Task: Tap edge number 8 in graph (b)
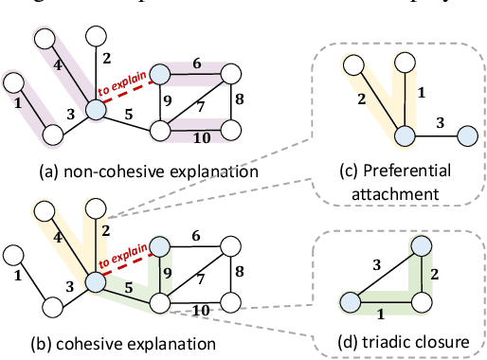(240, 271)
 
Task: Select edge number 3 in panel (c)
(438, 123)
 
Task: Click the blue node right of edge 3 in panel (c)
(466, 138)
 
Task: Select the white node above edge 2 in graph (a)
(95, 37)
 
